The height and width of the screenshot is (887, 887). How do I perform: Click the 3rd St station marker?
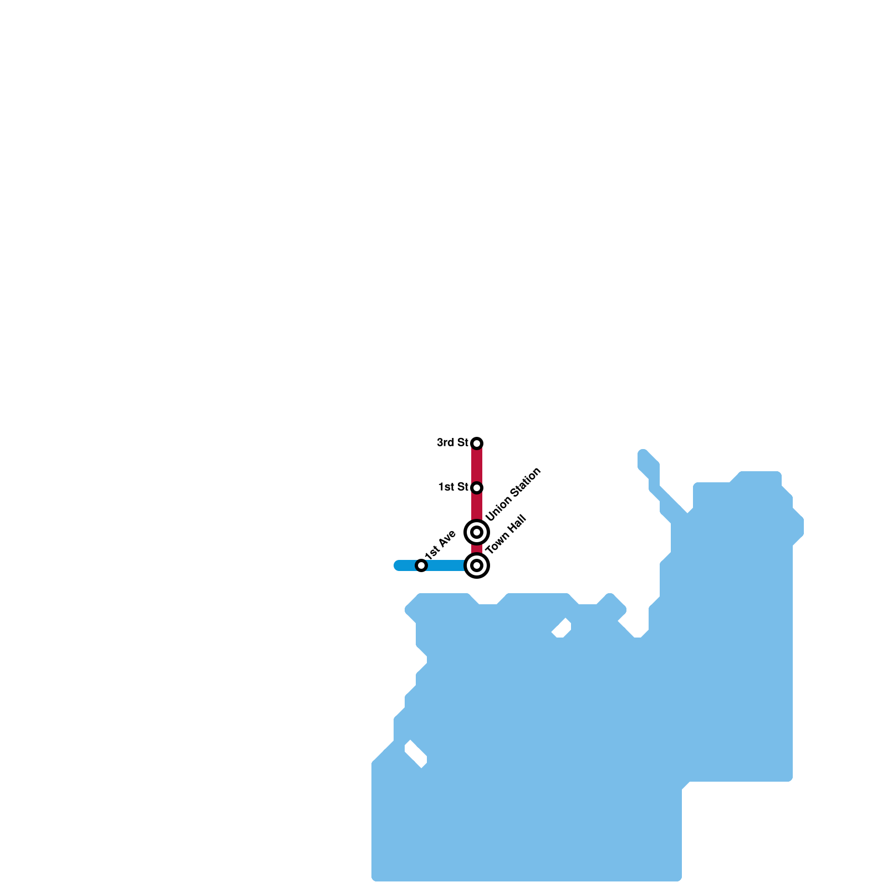pyautogui.click(x=477, y=443)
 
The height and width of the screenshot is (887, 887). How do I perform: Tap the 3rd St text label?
pyautogui.click(x=452, y=442)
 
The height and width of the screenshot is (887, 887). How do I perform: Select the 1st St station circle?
pyautogui.click(x=477, y=487)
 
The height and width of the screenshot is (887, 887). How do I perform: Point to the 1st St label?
pyautogui.click(x=453, y=487)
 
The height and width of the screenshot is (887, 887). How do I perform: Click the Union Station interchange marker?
pyautogui.click(x=477, y=532)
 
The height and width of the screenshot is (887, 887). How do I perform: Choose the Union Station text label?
pyautogui.click(x=513, y=494)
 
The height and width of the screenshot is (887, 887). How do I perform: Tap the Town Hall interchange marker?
pyautogui.click(x=477, y=565)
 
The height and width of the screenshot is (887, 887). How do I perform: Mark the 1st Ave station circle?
pyautogui.click(x=421, y=565)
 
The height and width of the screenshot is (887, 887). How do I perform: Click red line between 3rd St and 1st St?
pyautogui.click(x=477, y=465)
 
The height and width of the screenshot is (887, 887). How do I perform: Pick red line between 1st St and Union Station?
pyautogui.click(x=477, y=506)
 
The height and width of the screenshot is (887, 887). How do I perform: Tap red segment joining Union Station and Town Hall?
pyautogui.click(x=477, y=549)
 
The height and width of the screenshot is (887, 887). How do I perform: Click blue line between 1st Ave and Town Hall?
pyautogui.click(x=446, y=565)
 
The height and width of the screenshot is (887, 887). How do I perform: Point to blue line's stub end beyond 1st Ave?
pyautogui.click(x=398, y=565)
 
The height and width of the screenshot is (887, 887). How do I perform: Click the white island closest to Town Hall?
pyautogui.click(x=562, y=628)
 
